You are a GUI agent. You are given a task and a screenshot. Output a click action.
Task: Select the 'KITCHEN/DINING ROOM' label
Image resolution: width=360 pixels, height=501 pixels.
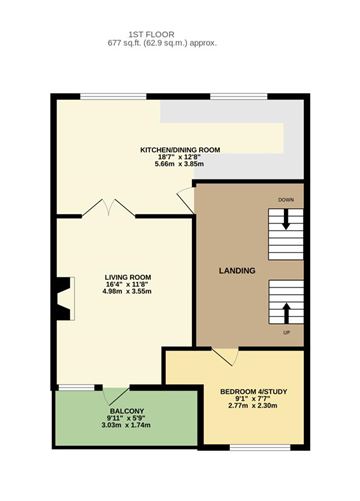(180, 150)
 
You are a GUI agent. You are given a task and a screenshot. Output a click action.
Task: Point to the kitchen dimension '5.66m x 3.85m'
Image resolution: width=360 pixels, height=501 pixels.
(180, 166)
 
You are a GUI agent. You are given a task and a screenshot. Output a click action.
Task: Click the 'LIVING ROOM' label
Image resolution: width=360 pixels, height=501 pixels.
(128, 277)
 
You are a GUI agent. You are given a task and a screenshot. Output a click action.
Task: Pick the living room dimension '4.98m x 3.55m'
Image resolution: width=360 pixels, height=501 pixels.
(128, 293)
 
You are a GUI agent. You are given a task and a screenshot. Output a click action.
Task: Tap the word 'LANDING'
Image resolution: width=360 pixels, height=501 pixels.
(237, 271)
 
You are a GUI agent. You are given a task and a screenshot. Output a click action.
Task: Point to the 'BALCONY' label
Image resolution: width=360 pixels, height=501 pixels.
(127, 411)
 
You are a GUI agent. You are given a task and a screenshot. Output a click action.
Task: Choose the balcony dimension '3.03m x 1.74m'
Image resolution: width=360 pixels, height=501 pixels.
(127, 426)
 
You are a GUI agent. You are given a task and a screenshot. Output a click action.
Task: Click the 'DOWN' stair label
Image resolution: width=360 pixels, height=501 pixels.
(286, 200)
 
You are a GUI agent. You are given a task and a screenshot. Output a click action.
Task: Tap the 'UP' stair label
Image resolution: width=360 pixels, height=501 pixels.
(286, 331)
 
